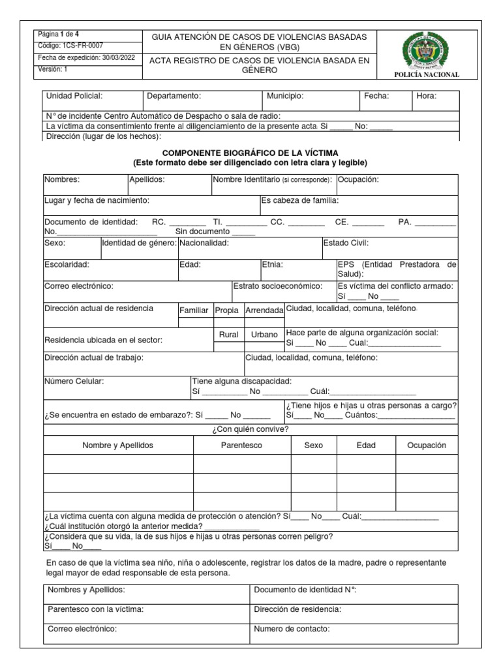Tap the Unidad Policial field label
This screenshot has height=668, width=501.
74,96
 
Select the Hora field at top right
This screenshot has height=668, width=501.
427,96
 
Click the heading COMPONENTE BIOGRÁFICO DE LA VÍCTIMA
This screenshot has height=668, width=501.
250,152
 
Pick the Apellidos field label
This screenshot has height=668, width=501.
147,179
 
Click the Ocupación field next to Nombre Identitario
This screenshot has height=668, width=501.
357,179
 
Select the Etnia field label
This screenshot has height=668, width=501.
272,265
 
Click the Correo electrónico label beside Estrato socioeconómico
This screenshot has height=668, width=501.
79,286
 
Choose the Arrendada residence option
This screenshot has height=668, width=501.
264,311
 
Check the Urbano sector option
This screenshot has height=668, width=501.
264,335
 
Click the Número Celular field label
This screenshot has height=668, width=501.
74,381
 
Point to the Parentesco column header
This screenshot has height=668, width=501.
241,445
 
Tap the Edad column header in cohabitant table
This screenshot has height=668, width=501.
366,445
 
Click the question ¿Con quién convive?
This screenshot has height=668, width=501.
250,429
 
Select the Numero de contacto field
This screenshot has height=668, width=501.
292,629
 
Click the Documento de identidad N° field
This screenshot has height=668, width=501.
305,590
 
